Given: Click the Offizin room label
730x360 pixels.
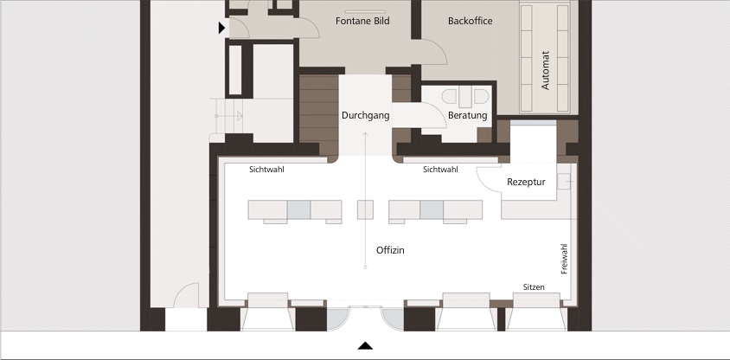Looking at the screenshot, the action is pyautogui.click(x=390, y=251).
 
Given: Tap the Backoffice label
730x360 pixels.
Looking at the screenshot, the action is pyautogui.click(x=471, y=21).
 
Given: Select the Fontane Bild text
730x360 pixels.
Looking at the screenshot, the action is pyautogui.click(x=362, y=21).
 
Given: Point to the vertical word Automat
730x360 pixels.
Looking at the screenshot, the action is pyautogui.click(x=546, y=70).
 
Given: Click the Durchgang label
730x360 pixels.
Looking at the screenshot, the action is pyautogui.click(x=366, y=115).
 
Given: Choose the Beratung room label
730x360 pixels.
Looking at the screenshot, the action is pyautogui.click(x=467, y=115).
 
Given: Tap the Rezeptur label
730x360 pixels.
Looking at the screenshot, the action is pyautogui.click(x=526, y=182).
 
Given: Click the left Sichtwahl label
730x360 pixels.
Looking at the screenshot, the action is pyautogui.click(x=266, y=170).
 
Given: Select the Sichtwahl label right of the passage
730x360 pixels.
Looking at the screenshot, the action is pyautogui.click(x=440, y=170).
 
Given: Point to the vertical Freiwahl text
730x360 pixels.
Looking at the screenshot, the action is pyautogui.click(x=564, y=259).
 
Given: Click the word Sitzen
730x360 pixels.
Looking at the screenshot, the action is pyautogui.click(x=534, y=287).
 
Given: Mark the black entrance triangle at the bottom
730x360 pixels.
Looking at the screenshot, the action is pyautogui.click(x=366, y=345).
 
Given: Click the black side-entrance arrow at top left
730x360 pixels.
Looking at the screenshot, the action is pyautogui.click(x=222, y=28).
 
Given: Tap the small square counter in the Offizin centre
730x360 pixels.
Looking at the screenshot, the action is pyautogui.click(x=365, y=209).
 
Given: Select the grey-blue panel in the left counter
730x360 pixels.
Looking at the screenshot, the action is pyautogui.click(x=299, y=209).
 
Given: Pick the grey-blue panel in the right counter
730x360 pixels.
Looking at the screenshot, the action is pyautogui.click(x=432, y=209).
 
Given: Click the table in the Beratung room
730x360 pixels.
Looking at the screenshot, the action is pyautogui.click(x=465, y=97).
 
